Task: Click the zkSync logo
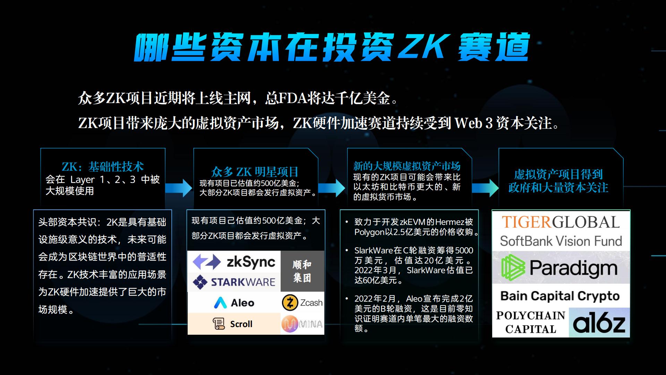(x=234, y=262)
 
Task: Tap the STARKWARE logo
(x=234, y=282)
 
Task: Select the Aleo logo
(x=234, y=303)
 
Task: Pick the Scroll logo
(x=232, y=324)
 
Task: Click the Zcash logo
(x=302, y=303)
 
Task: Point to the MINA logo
(x=302, y=324)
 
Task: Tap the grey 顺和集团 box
(x=302, y=271)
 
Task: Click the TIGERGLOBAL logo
(x=561, y=222)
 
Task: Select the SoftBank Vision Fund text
(x=561, y=241)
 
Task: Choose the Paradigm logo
(x=560, y=268)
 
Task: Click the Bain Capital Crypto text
(x=560, y=296)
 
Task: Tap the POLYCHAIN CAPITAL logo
(x=531, y=322)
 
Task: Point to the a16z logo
(x=599, y=323)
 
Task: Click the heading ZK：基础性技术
(x=103, y=167)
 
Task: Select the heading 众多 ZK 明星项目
(x=255, y=172)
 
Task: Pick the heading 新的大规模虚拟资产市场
(x=407, y=166)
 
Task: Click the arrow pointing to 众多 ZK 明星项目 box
(x=179, y=188)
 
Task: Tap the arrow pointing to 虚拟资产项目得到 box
(x=485, y=188)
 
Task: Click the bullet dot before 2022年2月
(x=347, y=299)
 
